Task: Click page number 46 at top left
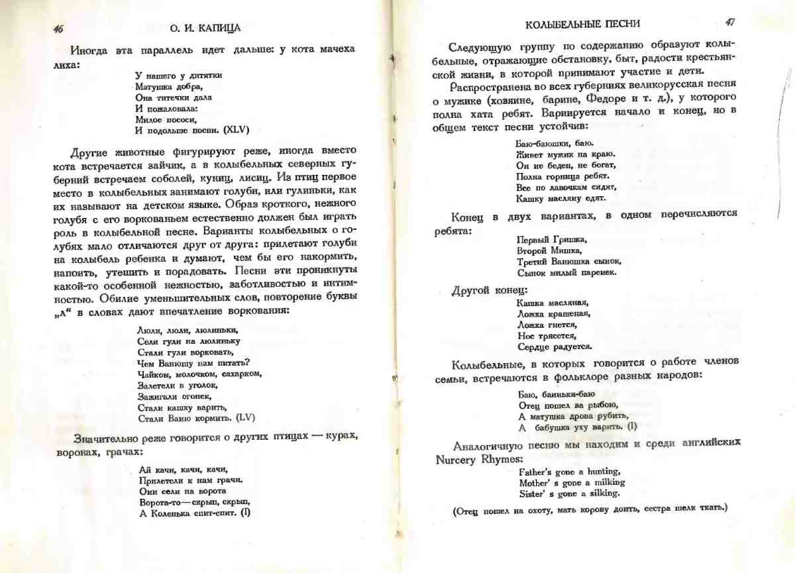click(59, 29)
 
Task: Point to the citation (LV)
click(246, 418)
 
